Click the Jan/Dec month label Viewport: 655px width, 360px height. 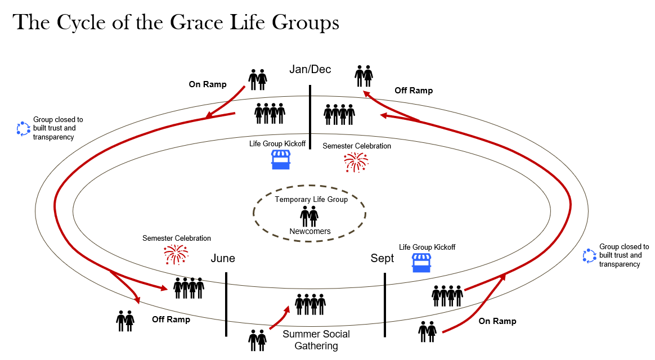[x=310, y=70]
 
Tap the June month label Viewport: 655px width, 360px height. [x=223, y=259]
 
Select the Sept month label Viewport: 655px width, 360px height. [x=383, y=259]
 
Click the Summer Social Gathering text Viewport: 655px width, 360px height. [x=316, y=340]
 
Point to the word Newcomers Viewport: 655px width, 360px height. [x=310, y=231]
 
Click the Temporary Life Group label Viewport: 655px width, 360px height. [x=311, y=199]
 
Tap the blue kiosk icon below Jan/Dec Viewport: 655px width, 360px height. [x=281, y=160]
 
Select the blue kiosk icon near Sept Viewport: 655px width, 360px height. [x=421, y=263]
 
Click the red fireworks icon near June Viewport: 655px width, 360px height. [x=175, y=254]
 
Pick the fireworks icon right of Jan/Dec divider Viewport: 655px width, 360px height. [x=356, y=162]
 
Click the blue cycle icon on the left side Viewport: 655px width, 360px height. [x=23, y=129]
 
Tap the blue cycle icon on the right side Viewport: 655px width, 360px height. [x=589, y=256]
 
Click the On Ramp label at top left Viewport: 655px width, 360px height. [x=208, y=84]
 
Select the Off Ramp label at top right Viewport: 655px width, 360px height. [x=414, y=90]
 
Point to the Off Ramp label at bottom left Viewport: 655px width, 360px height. [x=171, y=319]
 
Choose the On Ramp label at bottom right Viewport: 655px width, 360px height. [x=497, y=321]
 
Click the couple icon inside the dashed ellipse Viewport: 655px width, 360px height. [x=309, y=215]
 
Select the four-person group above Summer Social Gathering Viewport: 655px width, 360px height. [x=311, y=304]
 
